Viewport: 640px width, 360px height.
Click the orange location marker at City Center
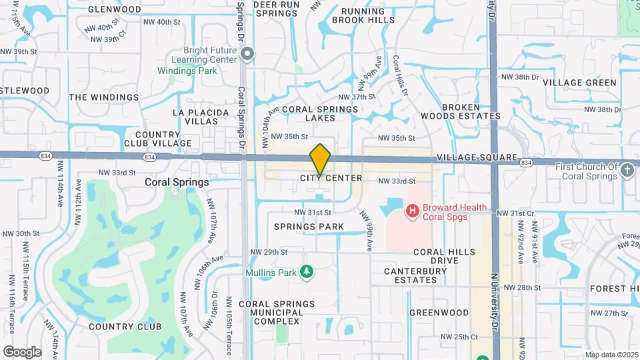(x=321, y=159)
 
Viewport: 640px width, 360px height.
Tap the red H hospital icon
(x=413, y=211)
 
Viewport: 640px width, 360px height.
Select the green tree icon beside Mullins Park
(x=307, y=271)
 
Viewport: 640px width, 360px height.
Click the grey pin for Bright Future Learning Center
(x=247, y=54)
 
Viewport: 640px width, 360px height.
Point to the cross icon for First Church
(x=627, y=171)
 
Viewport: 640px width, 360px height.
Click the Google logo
(x=22, y=351)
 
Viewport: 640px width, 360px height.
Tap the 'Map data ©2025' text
(x=611, y=355)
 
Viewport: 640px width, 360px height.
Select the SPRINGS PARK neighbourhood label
(x=309, y=227)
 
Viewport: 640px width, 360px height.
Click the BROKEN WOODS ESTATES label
(x=471, y=111)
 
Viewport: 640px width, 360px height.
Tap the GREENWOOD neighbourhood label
(x=439, y=312)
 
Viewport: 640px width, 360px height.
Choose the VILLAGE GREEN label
(x=579, y=83)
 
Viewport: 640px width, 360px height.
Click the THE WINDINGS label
(x=103, y=97)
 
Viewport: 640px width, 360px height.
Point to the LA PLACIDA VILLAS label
(x=195, y=117)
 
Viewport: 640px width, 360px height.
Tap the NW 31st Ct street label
(x=523, y=213)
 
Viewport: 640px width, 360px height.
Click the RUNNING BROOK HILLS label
(x=363, y=16)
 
